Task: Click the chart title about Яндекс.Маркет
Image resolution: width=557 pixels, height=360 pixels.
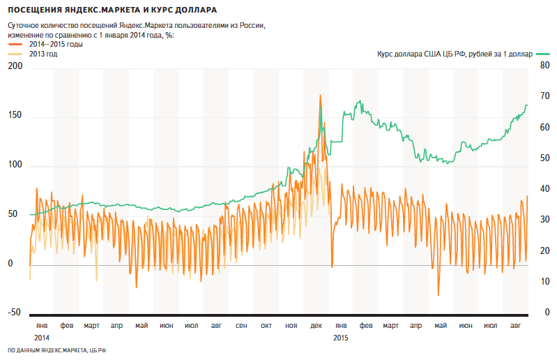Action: click(112, 10)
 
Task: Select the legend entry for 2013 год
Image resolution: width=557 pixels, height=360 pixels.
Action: click(43, 54)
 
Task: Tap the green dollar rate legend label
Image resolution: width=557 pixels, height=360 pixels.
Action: click(453, 54)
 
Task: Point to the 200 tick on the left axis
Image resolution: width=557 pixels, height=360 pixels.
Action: click(15, 66)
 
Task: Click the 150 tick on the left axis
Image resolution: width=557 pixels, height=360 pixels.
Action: click(15, 116)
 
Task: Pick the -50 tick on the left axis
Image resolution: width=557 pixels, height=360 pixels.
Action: click(15, 313)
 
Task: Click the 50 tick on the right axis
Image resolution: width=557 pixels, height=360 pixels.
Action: click(535, 158)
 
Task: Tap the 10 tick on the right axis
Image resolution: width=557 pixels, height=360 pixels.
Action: click(535, 282)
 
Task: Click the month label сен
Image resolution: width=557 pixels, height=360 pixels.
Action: click(241, 326)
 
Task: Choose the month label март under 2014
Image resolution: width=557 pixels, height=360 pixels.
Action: click(91, 326)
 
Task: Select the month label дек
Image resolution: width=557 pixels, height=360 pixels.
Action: click(316, 326)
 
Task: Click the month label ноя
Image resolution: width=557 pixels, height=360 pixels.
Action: click(291, 326)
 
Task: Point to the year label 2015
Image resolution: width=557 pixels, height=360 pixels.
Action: click(341, 338)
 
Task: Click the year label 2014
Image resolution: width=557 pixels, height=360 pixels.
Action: click(42, 338)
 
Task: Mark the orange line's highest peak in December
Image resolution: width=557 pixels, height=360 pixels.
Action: click(320, 95)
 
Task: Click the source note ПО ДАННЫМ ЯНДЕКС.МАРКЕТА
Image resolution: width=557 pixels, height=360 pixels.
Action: click(56, 350)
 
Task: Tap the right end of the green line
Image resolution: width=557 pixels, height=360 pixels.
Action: click(527, 105)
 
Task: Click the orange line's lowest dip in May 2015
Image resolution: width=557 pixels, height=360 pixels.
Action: click(438, 295)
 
